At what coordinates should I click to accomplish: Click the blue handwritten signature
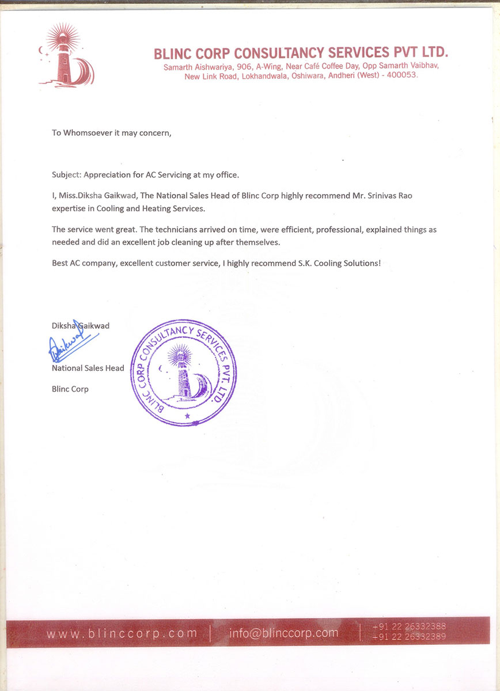pyautogui.click(x=71, y=345)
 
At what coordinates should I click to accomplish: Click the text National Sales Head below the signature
pyautogui.click(x=88, y=368)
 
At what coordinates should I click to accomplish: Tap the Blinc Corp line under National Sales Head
pyautogui.click(x=70, y=389)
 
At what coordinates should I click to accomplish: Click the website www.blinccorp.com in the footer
pyautogui.click(x=122, y=633)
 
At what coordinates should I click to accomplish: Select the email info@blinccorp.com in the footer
pyautogui.click(x=283, y=633)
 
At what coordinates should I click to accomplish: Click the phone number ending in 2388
pyautogui.click(x=409, y=627)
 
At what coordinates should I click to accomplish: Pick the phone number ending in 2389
pyautogui.click(x=409, y=637)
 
